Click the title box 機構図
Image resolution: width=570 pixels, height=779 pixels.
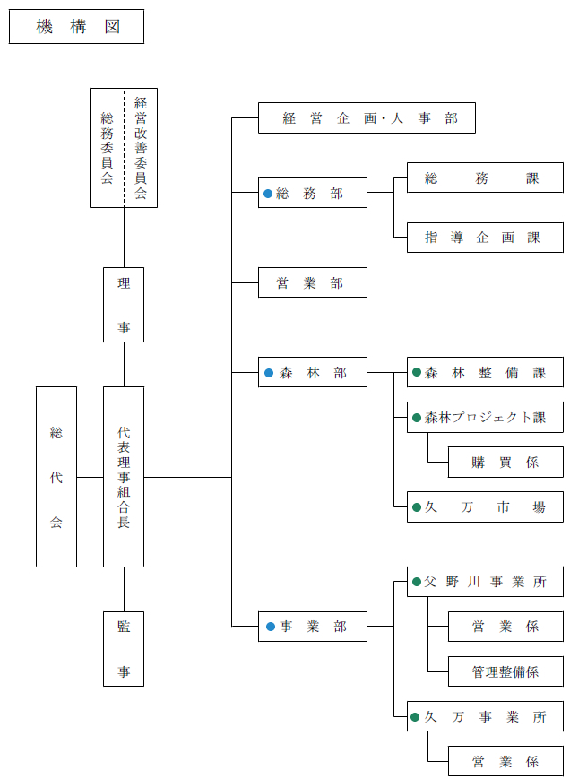click(76, 27)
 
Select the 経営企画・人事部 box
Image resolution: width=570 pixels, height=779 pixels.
click(367, 118)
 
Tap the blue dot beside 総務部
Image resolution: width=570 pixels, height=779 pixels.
click(267, 193)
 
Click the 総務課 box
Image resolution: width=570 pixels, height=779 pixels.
click(485, 178)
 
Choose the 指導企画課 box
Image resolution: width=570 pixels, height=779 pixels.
click(485, 238)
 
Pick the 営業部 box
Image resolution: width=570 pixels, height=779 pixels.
click(312, 282)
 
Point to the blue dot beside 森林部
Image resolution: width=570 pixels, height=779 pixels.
click(267, 372)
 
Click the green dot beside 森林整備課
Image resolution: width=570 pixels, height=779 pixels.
click(416, 372)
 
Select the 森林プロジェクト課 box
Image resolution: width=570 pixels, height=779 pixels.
click(485, 417)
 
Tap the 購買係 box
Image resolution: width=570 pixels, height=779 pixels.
click(505, 463)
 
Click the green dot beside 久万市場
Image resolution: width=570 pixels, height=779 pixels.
click(416, 507)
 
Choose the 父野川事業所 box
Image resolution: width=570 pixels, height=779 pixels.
click(485, 582)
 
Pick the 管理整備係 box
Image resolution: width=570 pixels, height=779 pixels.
click(505, 671)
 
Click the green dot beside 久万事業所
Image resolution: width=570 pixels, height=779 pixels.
click(416, 717)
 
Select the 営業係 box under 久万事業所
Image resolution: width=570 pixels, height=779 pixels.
click(505, 761)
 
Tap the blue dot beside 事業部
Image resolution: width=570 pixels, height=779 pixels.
click(267, 627)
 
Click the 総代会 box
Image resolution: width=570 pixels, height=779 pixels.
click(56, 477)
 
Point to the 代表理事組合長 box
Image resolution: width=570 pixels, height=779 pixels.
click(124, 477)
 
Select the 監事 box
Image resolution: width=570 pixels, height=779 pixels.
click(124, 649)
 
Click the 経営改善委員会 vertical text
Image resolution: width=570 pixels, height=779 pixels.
click(141, 148)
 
